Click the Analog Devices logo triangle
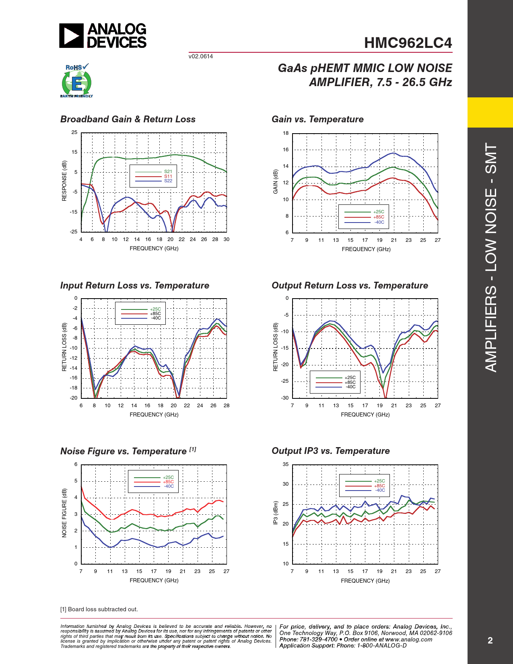71,36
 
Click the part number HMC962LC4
408,43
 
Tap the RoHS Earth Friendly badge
76,81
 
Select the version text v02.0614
200,56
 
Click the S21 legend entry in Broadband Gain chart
168,172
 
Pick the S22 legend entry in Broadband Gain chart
168,181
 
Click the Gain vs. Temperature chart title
317,119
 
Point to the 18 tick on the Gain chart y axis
286,133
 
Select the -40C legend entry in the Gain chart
379,222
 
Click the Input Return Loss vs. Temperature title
135,285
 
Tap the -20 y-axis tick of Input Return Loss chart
74,398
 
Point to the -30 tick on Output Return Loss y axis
285,398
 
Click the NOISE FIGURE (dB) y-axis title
64,513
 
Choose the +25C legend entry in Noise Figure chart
168,477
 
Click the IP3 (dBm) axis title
276,513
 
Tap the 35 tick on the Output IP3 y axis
286,464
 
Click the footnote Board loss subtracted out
99,609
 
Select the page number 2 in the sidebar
490,641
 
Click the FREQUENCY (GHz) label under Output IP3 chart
365,581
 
